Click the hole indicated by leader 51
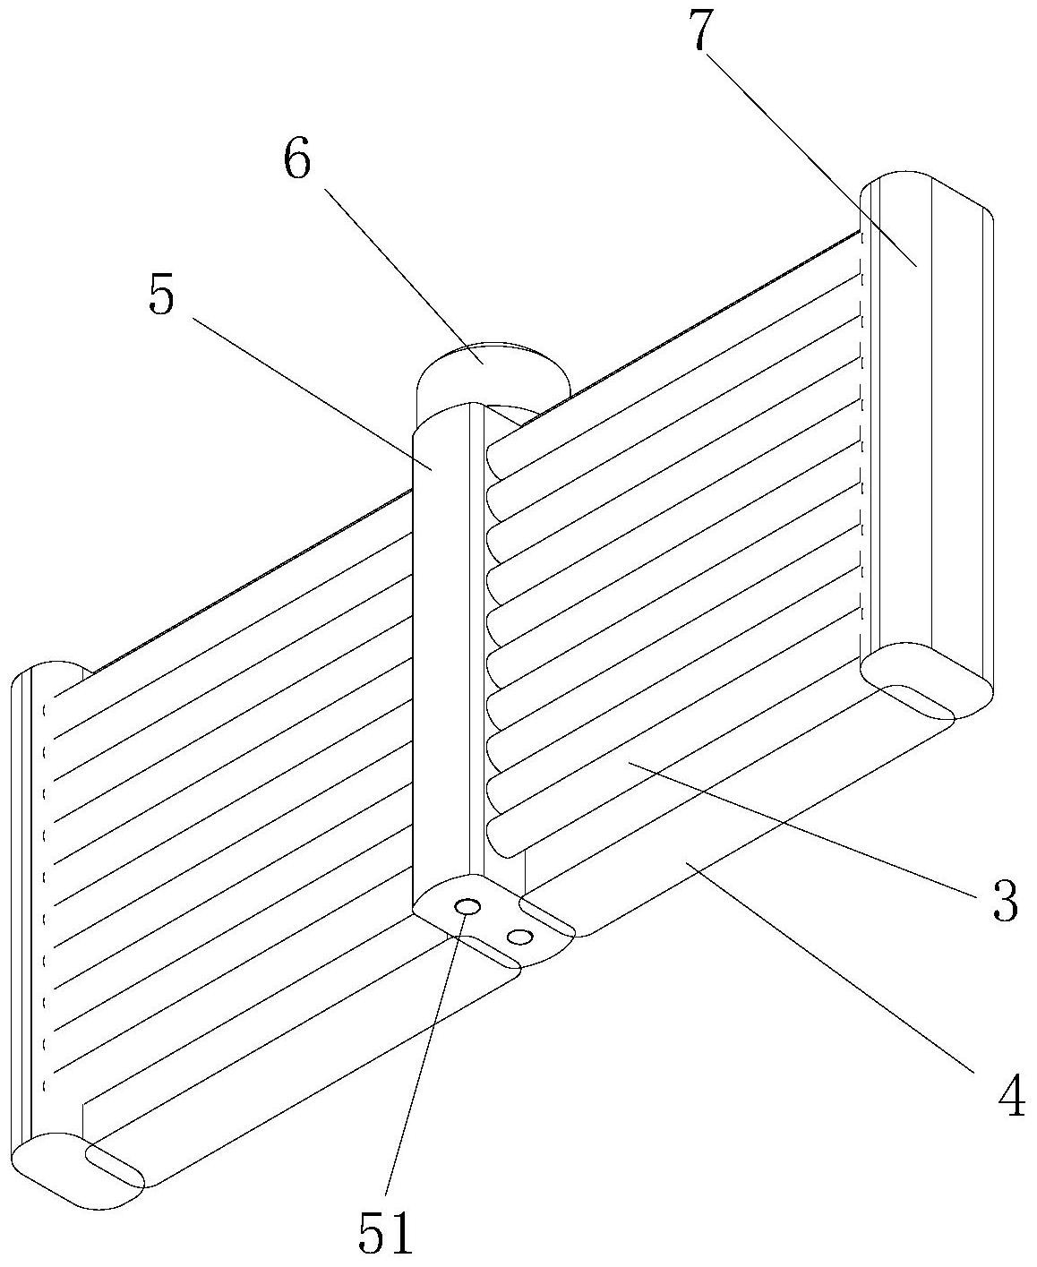(x=467, y=907)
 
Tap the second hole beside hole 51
(x=518, y=937)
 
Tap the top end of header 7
(x=927, y=184)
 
